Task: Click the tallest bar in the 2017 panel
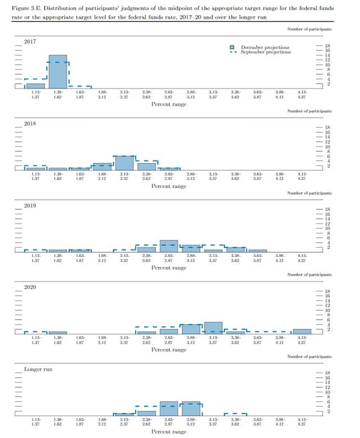[x=57, y=71]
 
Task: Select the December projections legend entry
[x=265, y=47]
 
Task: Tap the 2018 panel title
[x=30, y=124]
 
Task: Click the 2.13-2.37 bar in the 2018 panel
[x=124, y=162]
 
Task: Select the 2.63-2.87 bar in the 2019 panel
[x=169, y=246]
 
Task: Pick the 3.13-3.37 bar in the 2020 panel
[x=213, y=328]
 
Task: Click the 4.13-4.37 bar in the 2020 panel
[x=301, y=332]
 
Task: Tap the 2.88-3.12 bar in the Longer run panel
[x=191, y=409]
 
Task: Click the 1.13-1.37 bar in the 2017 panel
[x=35, y=85]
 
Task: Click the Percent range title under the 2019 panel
[x=169, y=268]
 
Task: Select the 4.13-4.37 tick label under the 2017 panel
[x=301, y=94]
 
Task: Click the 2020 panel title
[x=30, y=287]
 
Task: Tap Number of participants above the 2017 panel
[x=309, y=28]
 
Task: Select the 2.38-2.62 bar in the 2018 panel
[x=146, y=166]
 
